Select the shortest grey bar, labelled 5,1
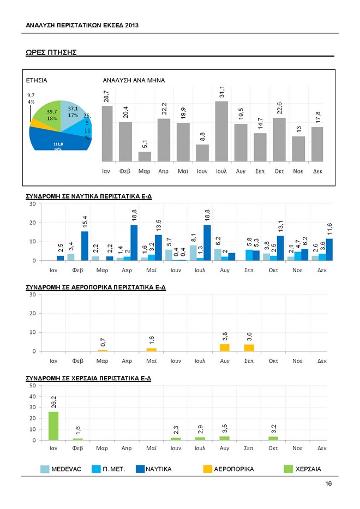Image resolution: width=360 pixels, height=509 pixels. tap(145, 157)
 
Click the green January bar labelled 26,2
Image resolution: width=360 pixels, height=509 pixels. tap(53, 426)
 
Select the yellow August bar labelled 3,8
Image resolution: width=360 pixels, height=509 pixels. tap(225, 348)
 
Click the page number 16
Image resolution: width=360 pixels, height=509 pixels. tap(328, 483)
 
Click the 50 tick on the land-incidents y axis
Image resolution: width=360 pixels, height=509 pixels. tap(33, 386)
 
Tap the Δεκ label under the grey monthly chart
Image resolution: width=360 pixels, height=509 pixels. tap(317, 171)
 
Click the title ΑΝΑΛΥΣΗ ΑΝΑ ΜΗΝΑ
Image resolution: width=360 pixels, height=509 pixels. tap(134, 81)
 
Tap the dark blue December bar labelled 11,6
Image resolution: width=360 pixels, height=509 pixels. tap(329, 249)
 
